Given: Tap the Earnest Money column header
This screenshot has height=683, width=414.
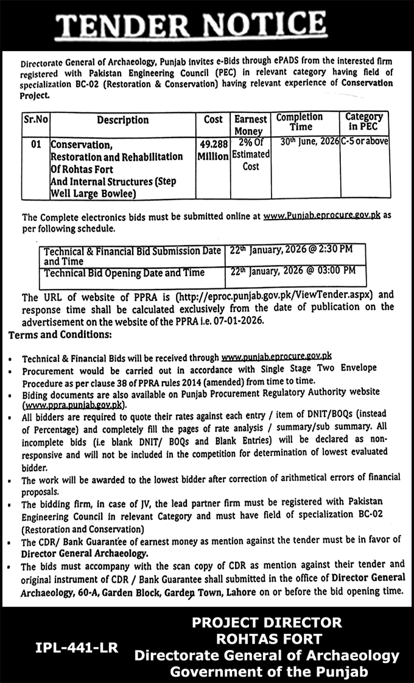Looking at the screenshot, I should pyautogui.click(x=248, y=125).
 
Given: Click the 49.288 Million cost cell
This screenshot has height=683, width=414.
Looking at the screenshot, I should pyautogui.click(x=213, y=150).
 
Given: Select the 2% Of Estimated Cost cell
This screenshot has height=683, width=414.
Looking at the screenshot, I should pyautogui.click(x=251, y=155).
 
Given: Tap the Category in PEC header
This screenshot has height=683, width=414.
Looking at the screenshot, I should pyautogui.click(x=364, y=121).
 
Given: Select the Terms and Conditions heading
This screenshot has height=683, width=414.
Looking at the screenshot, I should pyautogui.click(x=60, y=335).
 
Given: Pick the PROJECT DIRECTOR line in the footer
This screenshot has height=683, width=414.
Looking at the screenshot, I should pyautogui.click(x=267, y=622).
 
